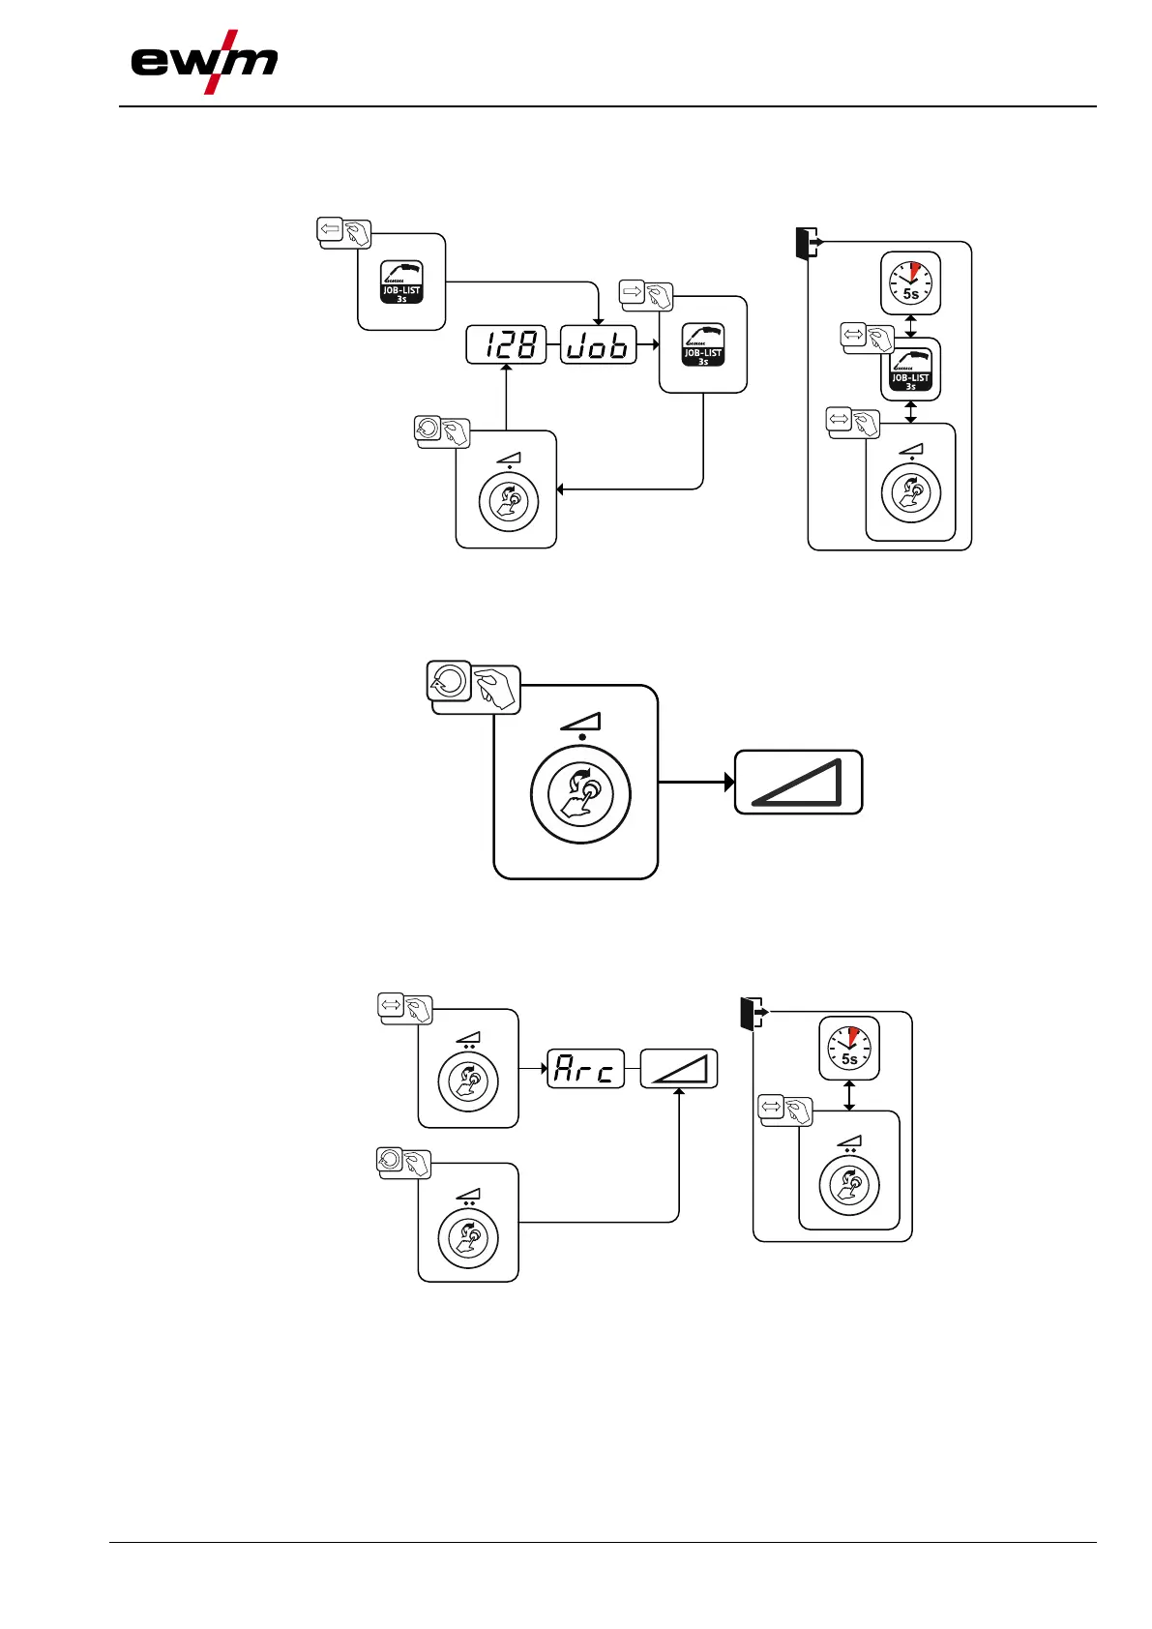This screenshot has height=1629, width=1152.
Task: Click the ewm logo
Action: pos(204,63)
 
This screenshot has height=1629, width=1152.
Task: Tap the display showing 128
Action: pos(506,345)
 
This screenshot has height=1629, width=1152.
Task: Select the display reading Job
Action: pos(599,345)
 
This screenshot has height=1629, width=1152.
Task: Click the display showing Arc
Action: pos(585,1069)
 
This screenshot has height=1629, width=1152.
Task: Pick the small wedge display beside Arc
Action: pos(678,1069)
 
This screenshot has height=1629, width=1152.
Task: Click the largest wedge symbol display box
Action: pos(798,782)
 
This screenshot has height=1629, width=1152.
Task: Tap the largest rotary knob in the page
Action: pos(580,795)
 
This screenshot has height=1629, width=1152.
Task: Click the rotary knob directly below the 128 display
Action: pos(509,501)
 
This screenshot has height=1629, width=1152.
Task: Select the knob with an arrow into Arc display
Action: pos(468,1081)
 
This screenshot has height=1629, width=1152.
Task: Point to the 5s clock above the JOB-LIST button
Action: pos(910,283)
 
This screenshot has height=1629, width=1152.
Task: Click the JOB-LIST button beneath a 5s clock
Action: pos(910,370)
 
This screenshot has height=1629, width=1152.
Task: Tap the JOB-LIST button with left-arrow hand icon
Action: pos(401,281)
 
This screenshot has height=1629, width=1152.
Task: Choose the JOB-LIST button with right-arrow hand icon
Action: pos(703,344)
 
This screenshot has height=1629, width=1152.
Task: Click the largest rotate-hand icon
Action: pos(474,688)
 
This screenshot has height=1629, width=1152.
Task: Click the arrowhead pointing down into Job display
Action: pos(599,321)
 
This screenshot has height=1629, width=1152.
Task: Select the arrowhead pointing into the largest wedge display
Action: pos(730,782)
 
